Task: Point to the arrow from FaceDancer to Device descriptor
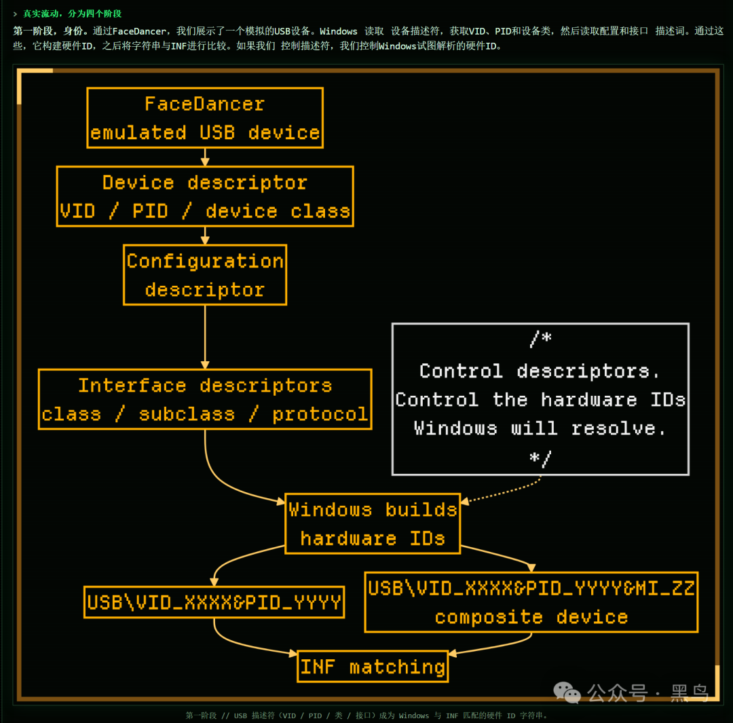tap(205, 157)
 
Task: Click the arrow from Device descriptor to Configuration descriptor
tap(205, 236)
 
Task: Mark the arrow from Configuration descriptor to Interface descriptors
tap(205, 337)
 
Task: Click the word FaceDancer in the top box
tap(204, 104)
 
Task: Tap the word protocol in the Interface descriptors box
tap(320, 414)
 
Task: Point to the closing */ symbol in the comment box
tap(540, 458)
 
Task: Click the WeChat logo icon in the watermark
tap(567, 692)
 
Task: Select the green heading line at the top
tap(67, 14)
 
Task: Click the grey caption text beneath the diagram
tap(366, 716)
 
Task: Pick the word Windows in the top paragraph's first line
tap(339, 31)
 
